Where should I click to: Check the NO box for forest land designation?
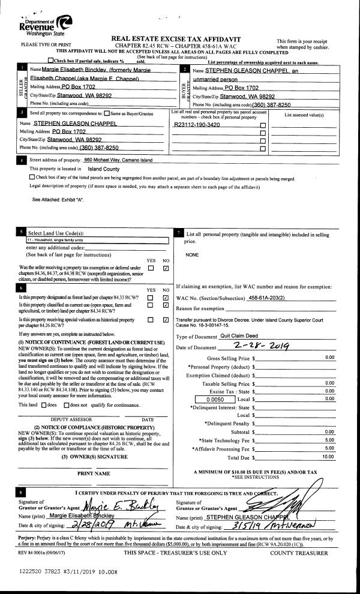165,298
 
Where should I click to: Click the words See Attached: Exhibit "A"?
58,199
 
